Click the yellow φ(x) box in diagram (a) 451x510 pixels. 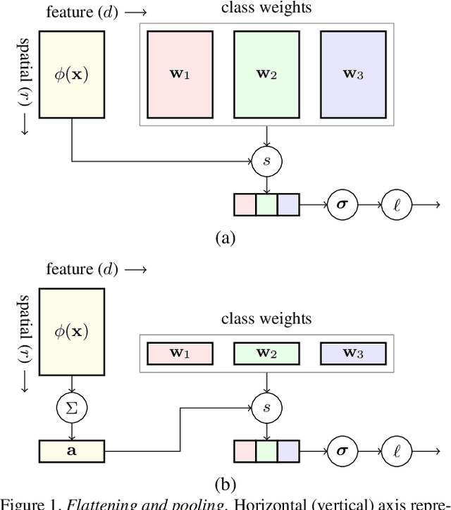(x=72, y=74)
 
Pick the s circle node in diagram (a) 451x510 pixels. (x=266, y=161)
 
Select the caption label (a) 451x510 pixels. (x=225, y=238)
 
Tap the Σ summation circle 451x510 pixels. (x=72, y=407)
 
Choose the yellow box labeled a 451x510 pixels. (x=72, y=448)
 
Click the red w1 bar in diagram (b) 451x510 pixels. (x=179, y=352)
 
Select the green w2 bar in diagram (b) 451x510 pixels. (x=266, y=352)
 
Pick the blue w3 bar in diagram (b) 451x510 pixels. (x=352, y=352)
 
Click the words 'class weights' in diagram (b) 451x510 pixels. (x=266, y=319)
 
